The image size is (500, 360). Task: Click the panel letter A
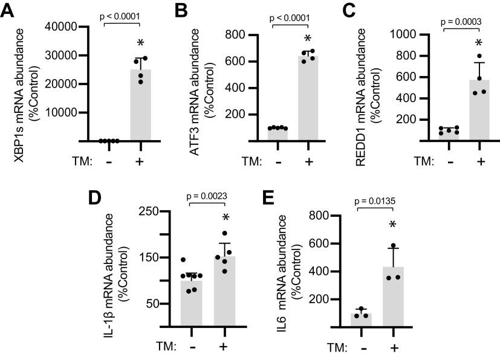(8, 12)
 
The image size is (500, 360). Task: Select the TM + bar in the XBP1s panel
(140, 105)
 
